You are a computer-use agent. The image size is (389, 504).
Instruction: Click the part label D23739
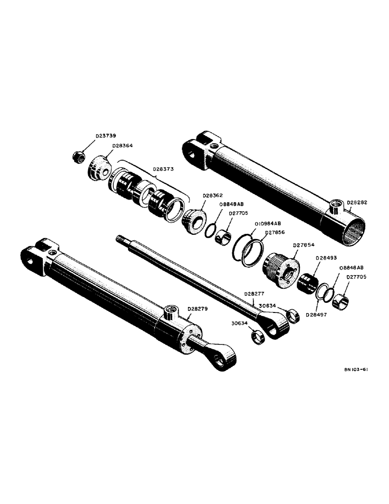106,136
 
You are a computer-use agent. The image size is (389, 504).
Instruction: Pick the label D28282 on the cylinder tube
357,202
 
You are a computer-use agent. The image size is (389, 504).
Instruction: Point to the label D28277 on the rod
255,293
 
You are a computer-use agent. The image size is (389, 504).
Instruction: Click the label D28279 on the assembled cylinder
197,308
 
